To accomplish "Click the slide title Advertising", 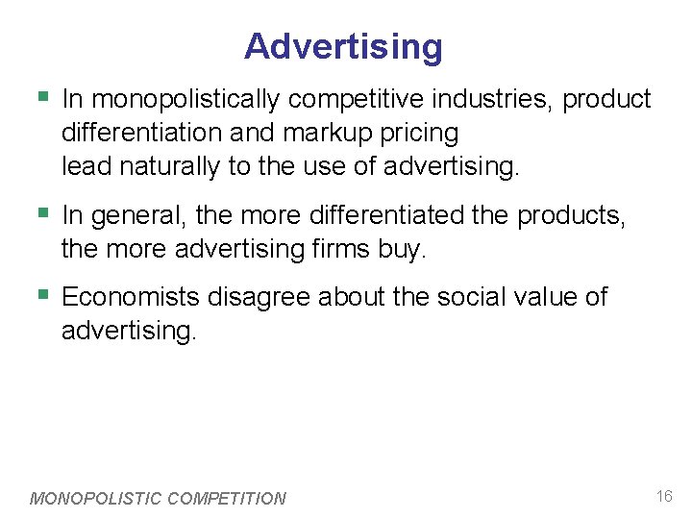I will pyautogui.click(x=343, y=46).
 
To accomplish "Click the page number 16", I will pyautogui.click(x=664, y=496).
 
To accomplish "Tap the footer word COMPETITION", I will pyautogui.click(x=227, y=499).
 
